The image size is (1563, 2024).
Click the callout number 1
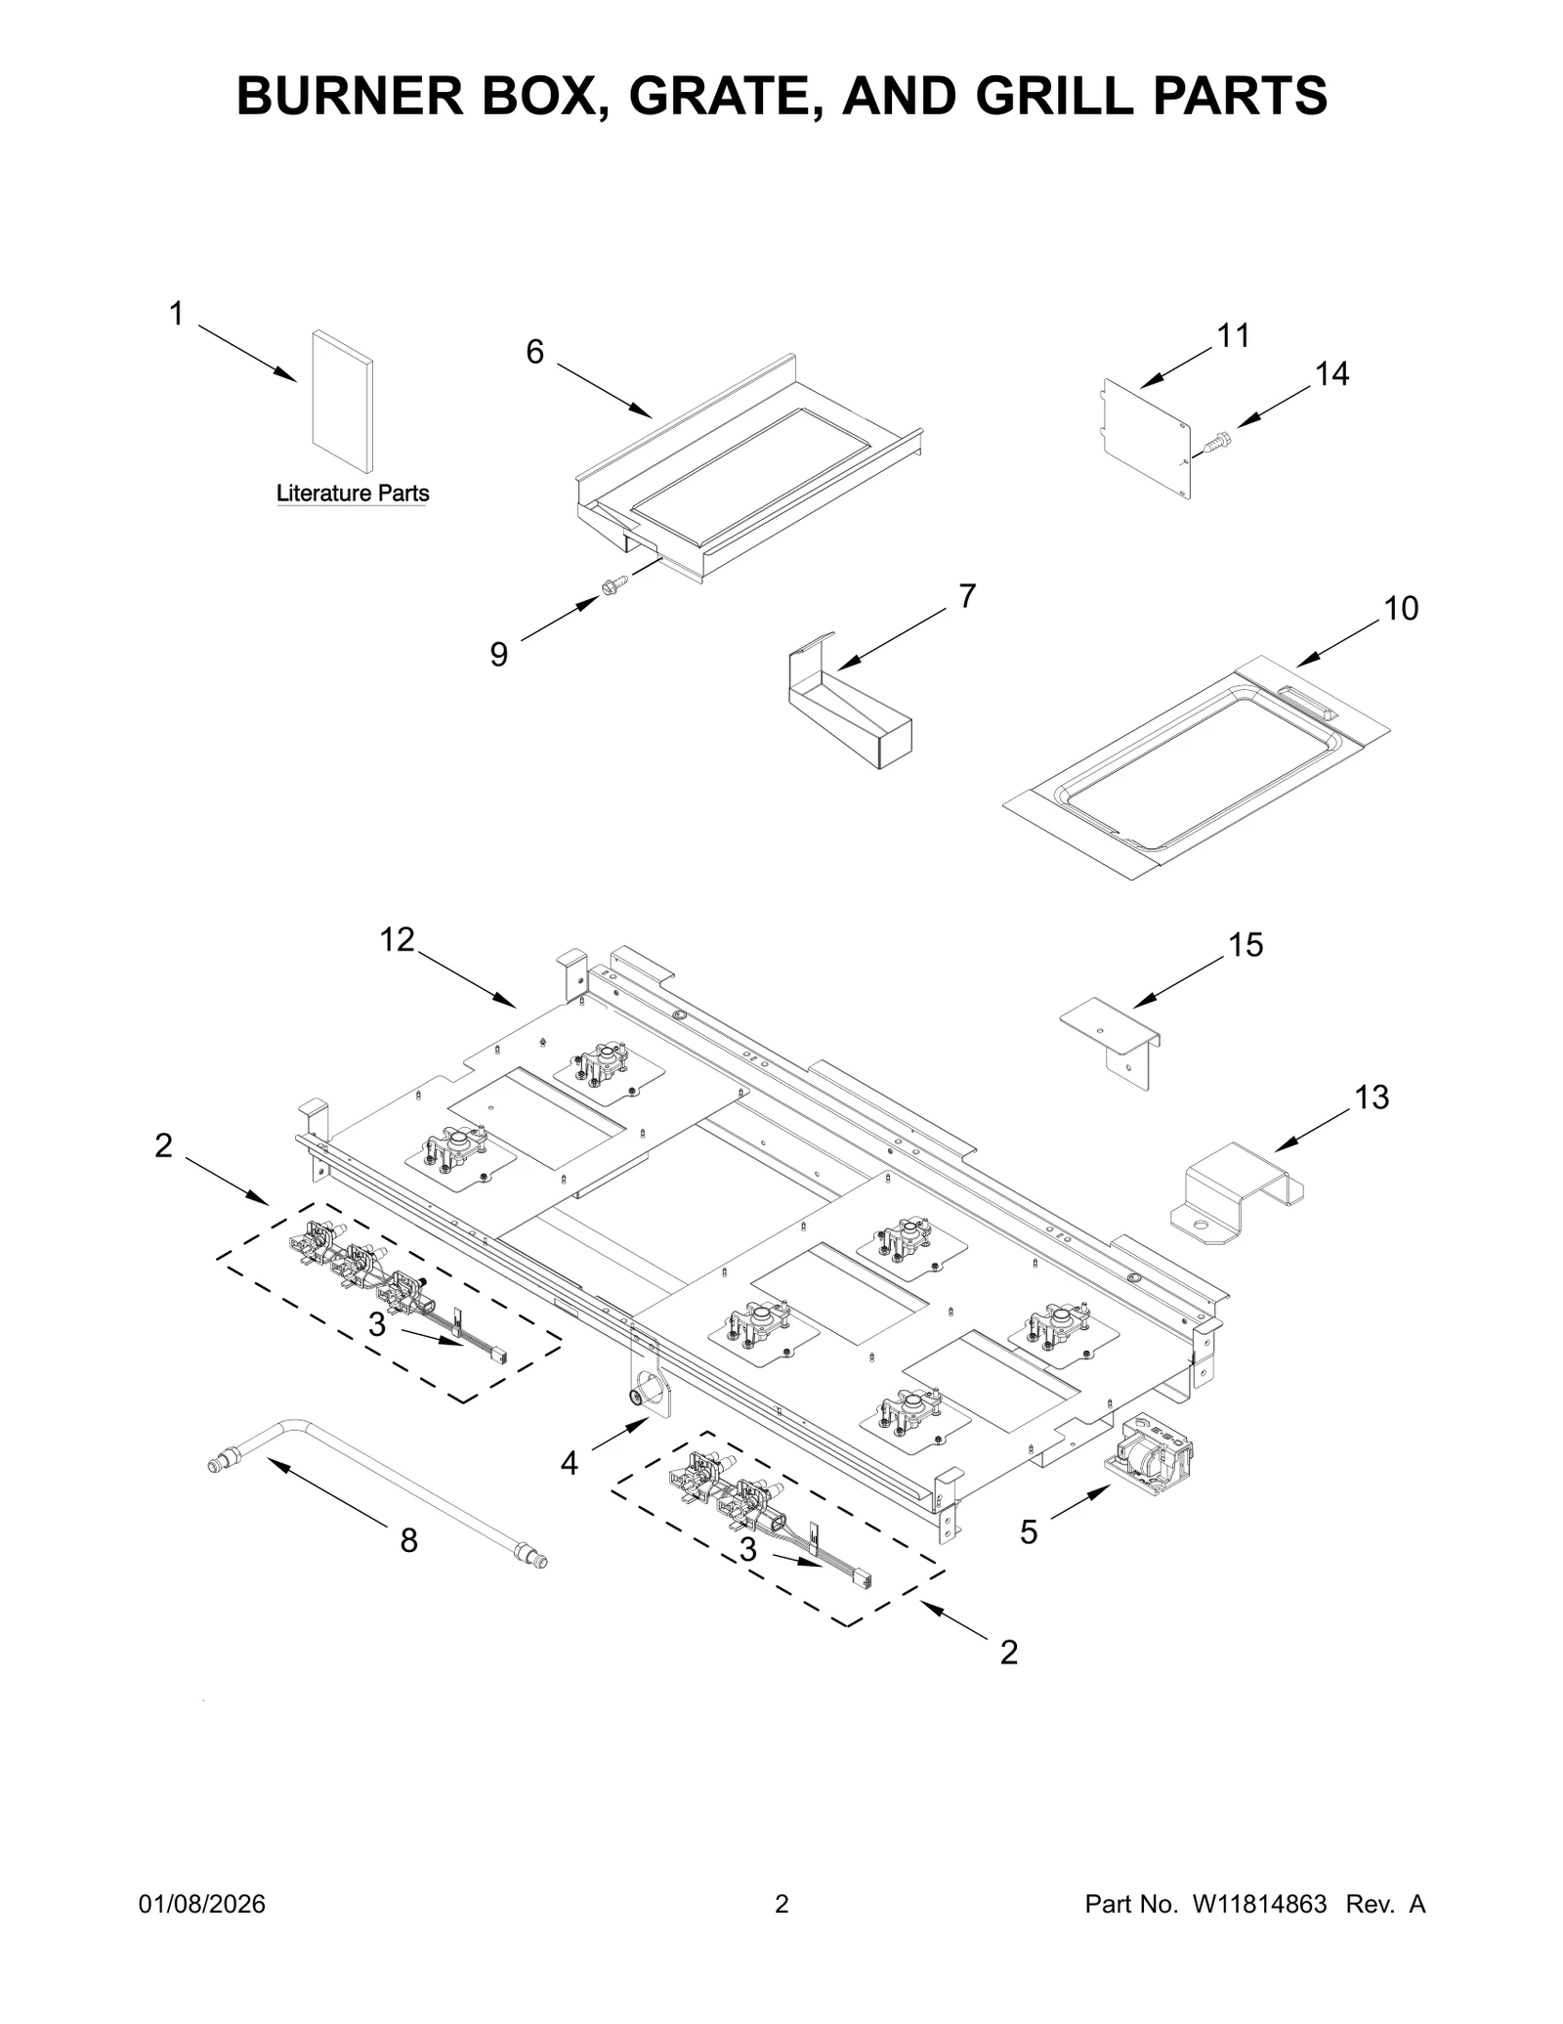coord(176,315)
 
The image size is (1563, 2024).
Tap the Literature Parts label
coord(353,494)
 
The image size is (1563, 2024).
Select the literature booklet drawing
coord(342,402)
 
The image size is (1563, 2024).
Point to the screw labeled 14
coord(1217,443)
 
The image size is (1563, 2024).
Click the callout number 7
coord(967,596)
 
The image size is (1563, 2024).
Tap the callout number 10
coord(1401,609)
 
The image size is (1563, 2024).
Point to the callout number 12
coord(398,939)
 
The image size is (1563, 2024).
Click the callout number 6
coord(534,352)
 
